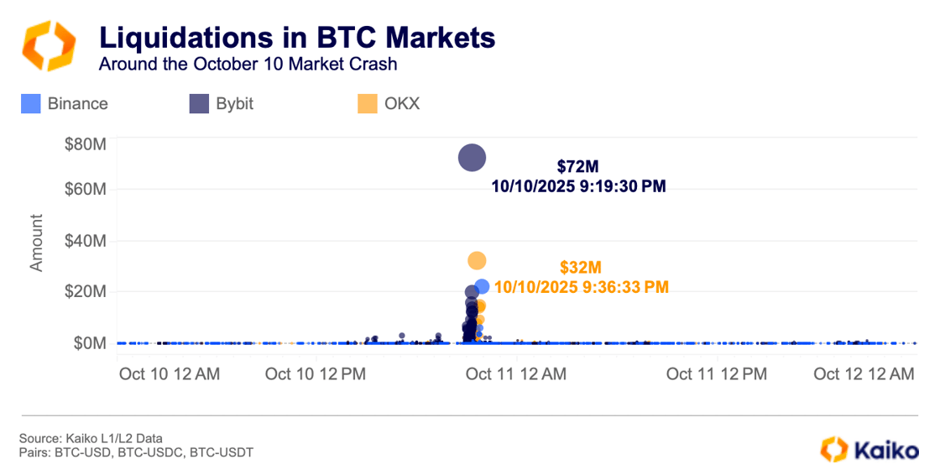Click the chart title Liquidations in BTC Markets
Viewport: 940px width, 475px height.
(x=296, y=38)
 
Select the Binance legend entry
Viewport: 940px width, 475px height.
(x=65, y=104)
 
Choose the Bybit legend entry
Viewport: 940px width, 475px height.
(x=222, y=104)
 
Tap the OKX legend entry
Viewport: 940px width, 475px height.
(x=389, y=104)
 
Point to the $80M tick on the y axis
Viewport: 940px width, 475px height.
(x=85, y=145)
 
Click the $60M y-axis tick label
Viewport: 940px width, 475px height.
(x=85, y=190)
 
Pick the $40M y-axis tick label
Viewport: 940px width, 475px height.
(x=85, y=242)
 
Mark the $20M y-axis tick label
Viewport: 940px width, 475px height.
(x=85, y=292)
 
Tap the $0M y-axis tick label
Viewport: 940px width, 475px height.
(x=87, y=343)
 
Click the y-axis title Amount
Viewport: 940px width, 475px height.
(x=37, y=243)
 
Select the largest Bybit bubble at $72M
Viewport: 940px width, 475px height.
(x=472, y=157)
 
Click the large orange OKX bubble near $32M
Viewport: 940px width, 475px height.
(x=477, y=261)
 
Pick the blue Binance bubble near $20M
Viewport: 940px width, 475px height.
(x=482, y=287)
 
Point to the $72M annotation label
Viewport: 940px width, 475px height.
(x=577, y=166)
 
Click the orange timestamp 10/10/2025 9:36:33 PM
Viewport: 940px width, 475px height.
(x=581, y=287)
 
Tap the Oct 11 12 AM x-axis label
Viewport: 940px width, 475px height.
(x=515, y=374)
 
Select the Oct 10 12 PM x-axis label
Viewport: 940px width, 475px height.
(x=316, y=374)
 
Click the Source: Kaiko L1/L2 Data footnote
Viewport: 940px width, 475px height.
(x=91, y=438)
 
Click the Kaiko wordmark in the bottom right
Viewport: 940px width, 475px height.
(x=885, y=451)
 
